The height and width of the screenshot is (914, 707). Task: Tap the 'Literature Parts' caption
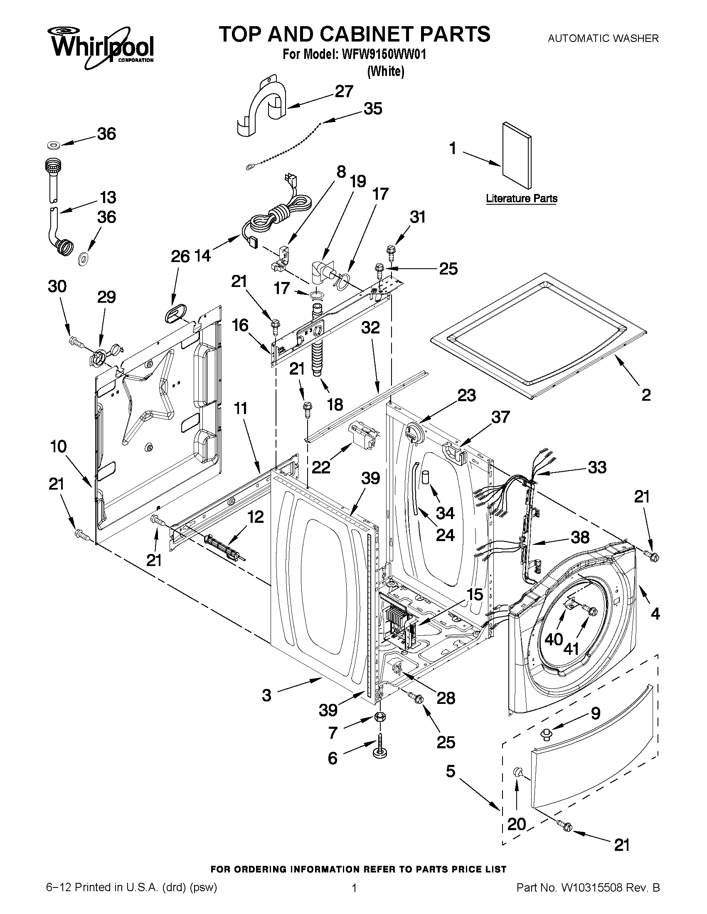tap(522, 198)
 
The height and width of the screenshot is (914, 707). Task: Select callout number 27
tap(344, 92)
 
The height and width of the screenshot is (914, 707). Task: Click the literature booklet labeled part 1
tap(517, 155)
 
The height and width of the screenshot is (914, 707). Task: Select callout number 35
tap(373, 109)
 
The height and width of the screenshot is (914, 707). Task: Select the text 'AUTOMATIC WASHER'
tap(603, 39)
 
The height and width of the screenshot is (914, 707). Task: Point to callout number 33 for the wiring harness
tap(597, 467)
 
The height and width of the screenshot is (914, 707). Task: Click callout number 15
tap(475, 595)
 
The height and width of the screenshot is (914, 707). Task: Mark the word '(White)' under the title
tap(386, 71)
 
